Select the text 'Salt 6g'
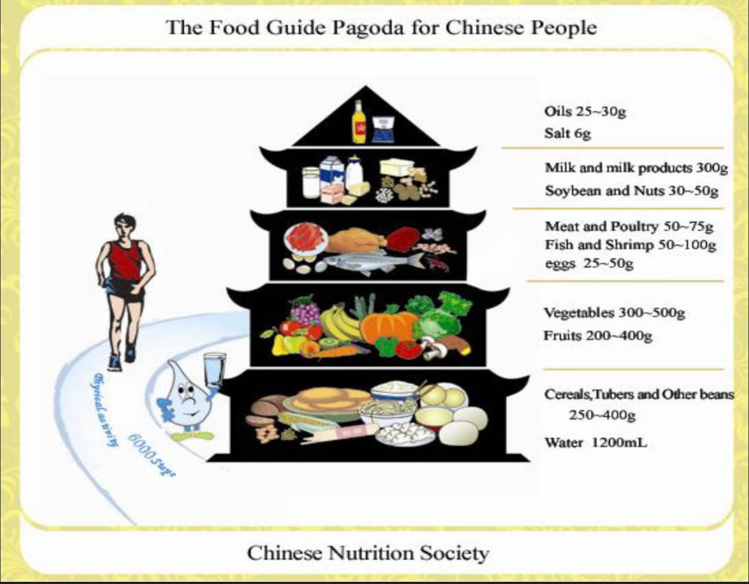pos(567,134)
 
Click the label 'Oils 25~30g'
pos(584,111)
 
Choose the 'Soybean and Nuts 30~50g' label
pos(631,191)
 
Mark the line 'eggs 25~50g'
pos(588,263)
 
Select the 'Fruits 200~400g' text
pos(597,336)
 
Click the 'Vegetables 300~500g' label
pos(614,312)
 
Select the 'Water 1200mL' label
pos(595,442)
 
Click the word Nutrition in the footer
pos(371,553)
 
